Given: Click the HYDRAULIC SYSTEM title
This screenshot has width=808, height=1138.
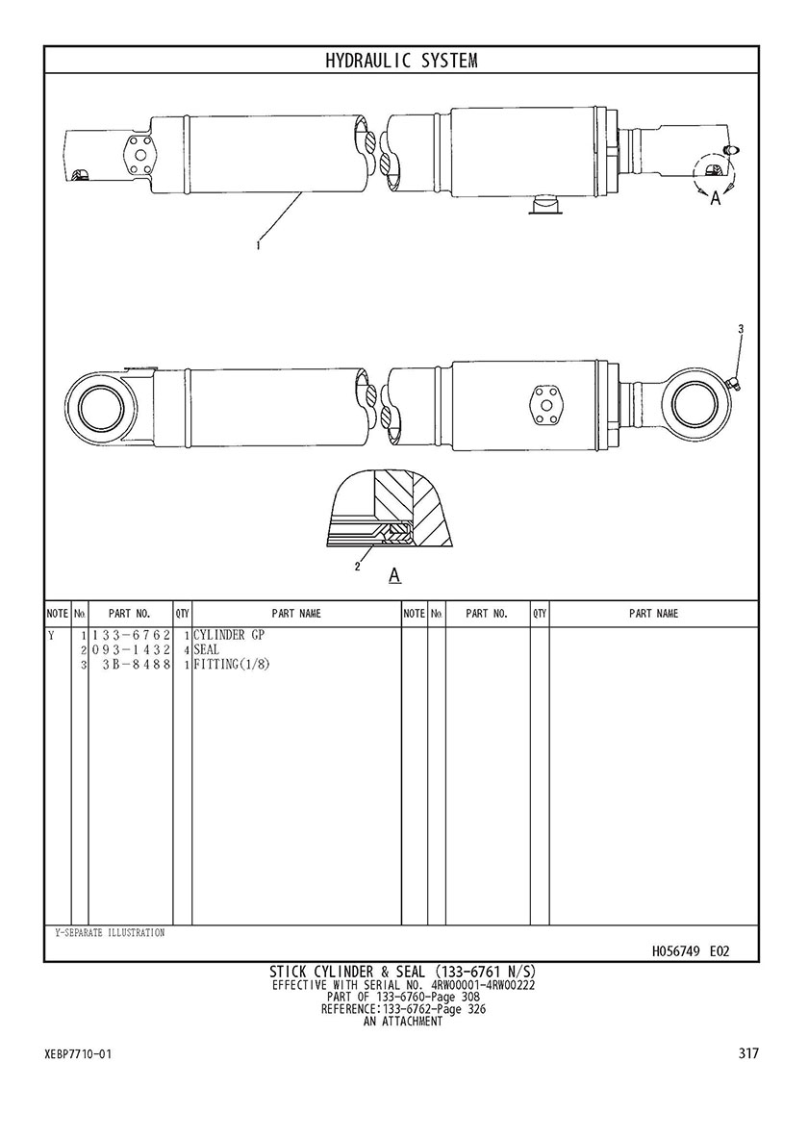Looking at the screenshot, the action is click(x=401, y=61).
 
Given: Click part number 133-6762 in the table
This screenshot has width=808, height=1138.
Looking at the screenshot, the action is click(x=131, y=636).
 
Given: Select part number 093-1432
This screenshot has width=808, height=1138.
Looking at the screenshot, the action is click(x=131, y=649).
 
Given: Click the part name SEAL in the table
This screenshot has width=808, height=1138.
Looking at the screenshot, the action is click(x=206, y=649).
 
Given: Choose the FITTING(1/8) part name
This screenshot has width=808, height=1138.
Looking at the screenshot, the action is click(x=232, y=664).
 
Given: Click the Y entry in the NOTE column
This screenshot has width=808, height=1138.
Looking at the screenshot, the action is click(x=51, y=636).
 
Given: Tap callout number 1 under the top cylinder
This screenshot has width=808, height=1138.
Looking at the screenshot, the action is click(x=258, y=246).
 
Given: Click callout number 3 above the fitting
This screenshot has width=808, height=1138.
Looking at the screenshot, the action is click(x=741, y=329).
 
